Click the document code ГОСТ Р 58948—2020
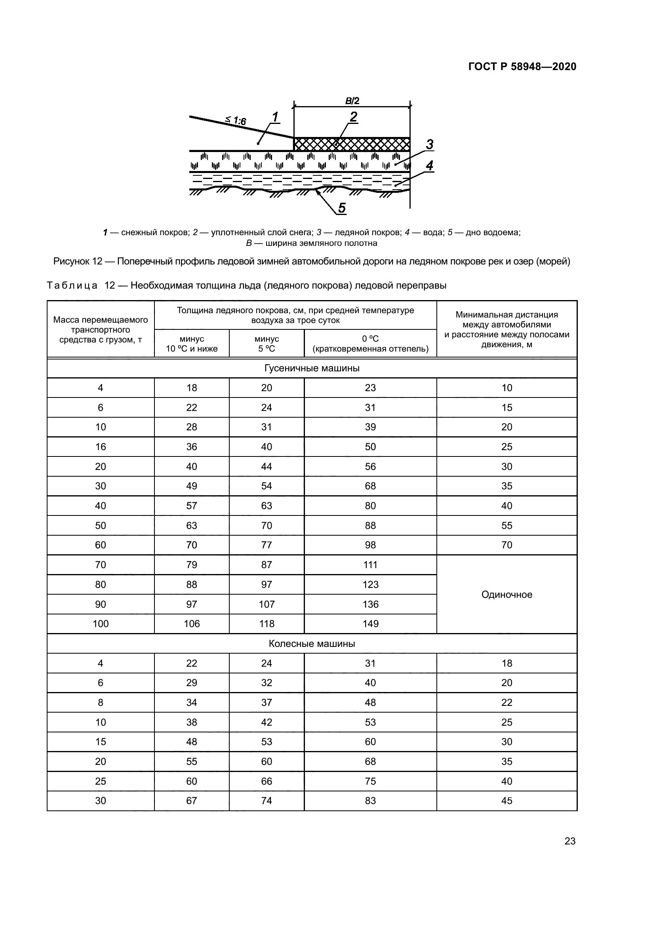tap(522, 67)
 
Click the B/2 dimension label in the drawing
tap(352, 101)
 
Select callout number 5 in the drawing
tap(342, 208)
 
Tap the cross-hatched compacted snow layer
tap(352, 144)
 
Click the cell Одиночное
tap(506, 594)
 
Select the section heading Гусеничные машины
tap(312, 368)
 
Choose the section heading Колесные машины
tap(312, 643)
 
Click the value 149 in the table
tap(370, 624)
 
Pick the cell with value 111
tap(370, 565)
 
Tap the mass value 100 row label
tap(101, 624)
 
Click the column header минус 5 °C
tap(267, 344)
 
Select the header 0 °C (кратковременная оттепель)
tap(370, 344)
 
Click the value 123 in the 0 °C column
tap(370, 584)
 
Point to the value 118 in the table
tap(267, 624)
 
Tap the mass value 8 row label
tap(101, 702)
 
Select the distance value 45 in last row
tap(506, 801)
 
